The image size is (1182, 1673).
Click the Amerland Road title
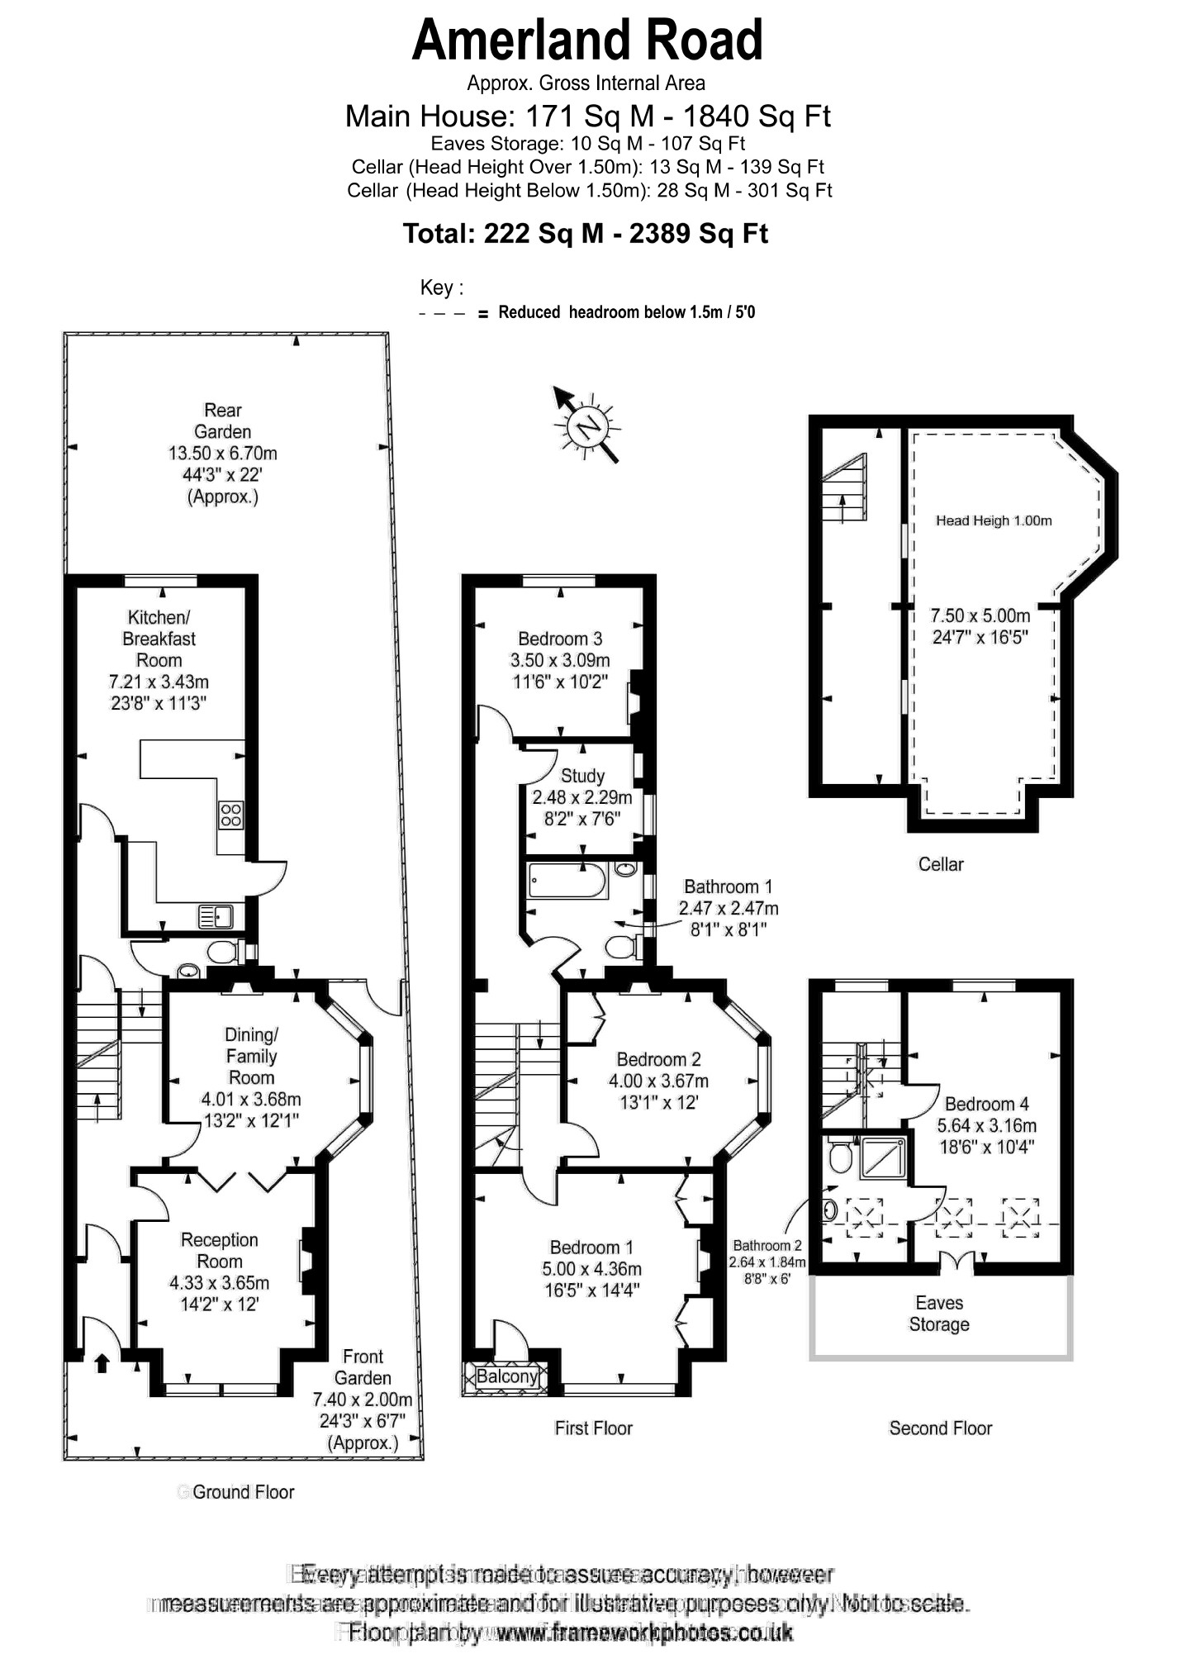tap(586, 41)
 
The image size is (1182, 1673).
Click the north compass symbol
tap(588, 426)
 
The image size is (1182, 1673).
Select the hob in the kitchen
tap(230, 815)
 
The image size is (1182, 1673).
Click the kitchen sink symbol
tap(216, 916)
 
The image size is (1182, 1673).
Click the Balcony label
tap(506, 1376)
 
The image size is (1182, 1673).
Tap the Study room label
tap(582, 776)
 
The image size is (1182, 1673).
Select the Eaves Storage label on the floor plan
tap(939, 1314)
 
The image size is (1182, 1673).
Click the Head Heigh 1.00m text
tap(994, 520)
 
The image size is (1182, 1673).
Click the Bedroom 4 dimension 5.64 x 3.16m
tap(986, 1125)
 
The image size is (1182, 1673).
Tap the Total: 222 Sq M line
tap(585, 234)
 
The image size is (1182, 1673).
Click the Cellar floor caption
tap(941, 864)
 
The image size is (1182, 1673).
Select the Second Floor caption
tap(940, 1428)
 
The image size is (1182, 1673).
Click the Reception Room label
tap(219, 1251)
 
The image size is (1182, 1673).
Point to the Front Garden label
tap(363, 1367)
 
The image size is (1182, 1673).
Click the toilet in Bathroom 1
tap(622, 947)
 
